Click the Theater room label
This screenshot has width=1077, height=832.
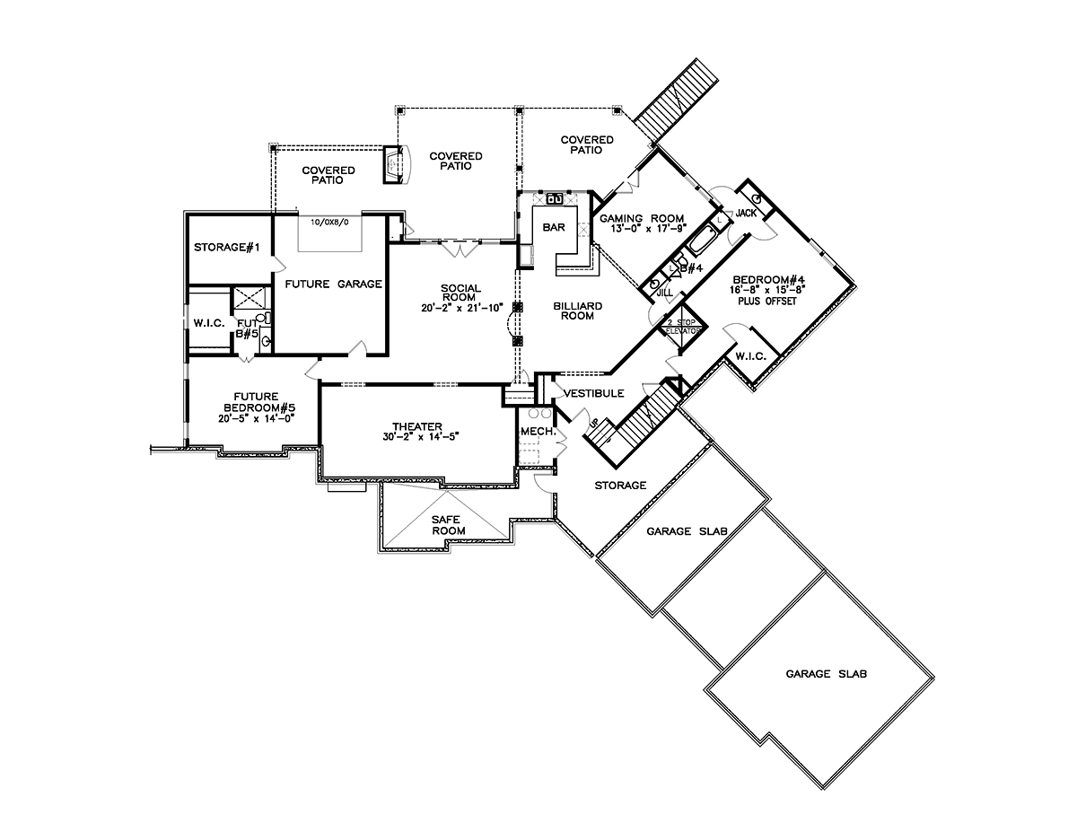[x=416, y=426]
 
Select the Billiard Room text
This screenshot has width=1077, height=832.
[x=577, y=311]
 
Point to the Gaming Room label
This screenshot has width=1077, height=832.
[x=642, y=218]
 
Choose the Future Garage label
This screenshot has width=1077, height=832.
[x=334, y=284]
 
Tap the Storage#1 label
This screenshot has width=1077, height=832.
[x=226, y=247]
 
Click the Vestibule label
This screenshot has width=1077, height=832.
[x=594, y=393]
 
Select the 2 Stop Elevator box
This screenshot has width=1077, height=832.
[x=682, y=327]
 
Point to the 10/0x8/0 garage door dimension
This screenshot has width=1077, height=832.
[x=329, y=222]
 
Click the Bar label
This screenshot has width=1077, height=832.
[x=554, y=227]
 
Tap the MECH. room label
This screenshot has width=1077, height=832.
[x=538, y=432]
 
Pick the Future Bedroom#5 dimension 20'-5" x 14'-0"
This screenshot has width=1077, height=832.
[x=257, y=418]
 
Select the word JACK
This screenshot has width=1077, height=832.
[x=746, y=213]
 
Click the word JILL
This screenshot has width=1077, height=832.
[x=665, y=293]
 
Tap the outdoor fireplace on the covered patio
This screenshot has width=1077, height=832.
[x=396, y=164]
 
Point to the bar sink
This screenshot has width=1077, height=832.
[x=554, y=198]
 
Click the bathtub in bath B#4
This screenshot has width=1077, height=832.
[x=701, y=241]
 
